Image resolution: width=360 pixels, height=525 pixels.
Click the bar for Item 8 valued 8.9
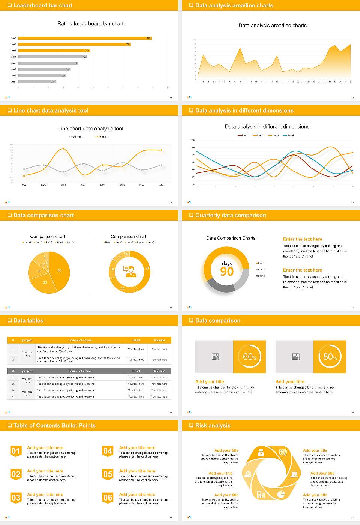[x=85, y=38]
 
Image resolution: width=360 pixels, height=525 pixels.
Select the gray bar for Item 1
[x=37, y=81]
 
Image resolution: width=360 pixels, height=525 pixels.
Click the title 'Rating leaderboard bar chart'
[x=90, y=24]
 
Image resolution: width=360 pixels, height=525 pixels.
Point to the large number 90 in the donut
[x=227, y=271]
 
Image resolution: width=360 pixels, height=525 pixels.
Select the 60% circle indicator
[x=249, y=357]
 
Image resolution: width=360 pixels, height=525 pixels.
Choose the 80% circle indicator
[x=330, y=357]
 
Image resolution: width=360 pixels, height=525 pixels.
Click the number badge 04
[x=108, y=451]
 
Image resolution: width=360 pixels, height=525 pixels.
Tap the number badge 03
[x=16, y=498]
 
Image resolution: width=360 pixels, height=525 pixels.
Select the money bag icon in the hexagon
[x=261, y=453]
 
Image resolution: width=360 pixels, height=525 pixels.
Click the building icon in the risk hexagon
[x=261, y=495]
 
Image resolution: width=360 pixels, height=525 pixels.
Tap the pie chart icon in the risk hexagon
[x=281, y=495]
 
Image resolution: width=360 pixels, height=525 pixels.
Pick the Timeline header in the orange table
[x=159, y=340]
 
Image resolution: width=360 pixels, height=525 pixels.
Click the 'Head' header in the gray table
[x=136, y=371]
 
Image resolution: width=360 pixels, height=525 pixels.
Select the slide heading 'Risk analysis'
[x=213, y=425]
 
